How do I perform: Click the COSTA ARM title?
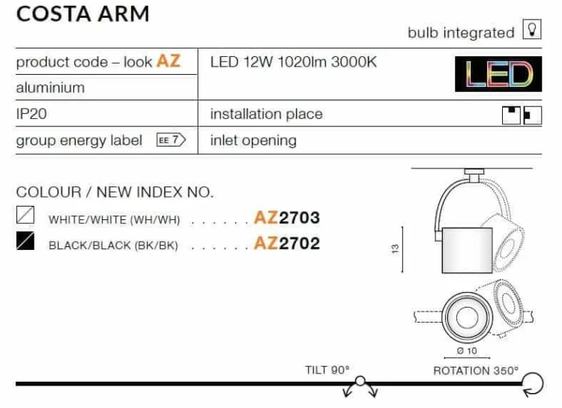[x=82, y=14]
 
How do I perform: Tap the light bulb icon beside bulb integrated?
[x=532, y=29]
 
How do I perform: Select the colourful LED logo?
[x=498, y=74]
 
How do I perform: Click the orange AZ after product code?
[x=169, y=61]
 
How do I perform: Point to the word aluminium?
[x=50, y=88]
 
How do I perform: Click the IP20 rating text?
[x=31, y=114]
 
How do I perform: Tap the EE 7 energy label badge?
[x=171, y=140]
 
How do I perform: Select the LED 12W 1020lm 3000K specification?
[x=294, y=62]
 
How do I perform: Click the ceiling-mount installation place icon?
[x=511, y=115]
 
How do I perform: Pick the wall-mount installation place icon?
[x=533, y=115]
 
